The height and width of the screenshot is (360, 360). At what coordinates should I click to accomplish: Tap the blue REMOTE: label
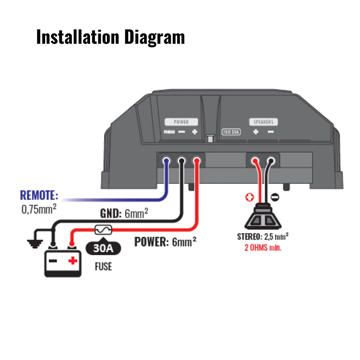click(x=39, y=195)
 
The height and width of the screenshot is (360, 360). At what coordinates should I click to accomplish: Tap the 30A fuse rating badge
click(x=103, y=248)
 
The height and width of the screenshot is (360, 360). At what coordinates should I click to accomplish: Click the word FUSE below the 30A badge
click(x=103, y=267)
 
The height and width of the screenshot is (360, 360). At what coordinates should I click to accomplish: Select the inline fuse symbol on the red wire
click(x=103, y=229)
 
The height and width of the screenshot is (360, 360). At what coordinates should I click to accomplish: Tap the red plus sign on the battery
click(x=73, y=260)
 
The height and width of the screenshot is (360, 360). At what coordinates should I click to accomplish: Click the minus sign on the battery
click(x=53, y=260)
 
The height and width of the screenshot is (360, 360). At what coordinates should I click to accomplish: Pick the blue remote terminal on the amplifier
click(x=166, y=159)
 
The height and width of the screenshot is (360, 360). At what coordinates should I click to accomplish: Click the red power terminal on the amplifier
click(x=196, y=159)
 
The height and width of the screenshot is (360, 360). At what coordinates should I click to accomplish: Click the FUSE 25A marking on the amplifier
click(x=230, y=132)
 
